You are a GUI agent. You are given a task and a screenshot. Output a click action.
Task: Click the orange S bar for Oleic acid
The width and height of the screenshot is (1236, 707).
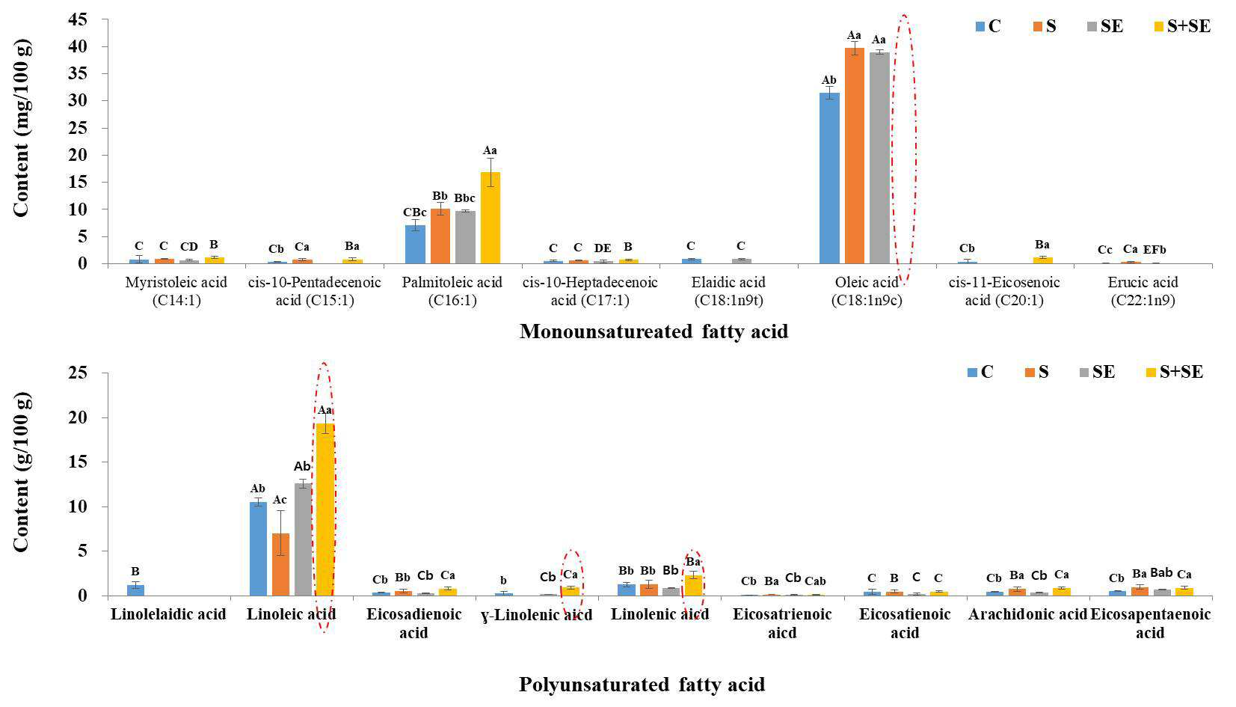pos(854,156)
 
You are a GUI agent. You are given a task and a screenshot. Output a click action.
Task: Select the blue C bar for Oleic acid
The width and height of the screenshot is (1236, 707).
pos(829,178)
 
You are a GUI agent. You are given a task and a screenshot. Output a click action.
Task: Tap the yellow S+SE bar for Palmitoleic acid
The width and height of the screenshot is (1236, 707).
pos(490,218)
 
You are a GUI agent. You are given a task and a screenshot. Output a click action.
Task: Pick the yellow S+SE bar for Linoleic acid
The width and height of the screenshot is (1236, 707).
pos(325,509)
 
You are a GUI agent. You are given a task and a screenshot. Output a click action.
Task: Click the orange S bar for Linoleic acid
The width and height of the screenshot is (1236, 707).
pos(280,565)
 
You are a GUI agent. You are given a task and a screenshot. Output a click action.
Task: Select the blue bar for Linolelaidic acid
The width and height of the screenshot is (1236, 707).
pos(135,590)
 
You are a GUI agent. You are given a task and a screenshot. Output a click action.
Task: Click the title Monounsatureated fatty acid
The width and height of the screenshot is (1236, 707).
pos(654,331)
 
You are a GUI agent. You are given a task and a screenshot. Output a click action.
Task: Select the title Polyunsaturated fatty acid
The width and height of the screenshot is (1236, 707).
pos(642,685)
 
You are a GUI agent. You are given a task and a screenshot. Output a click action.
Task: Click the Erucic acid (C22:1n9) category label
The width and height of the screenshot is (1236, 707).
pos(1143,291)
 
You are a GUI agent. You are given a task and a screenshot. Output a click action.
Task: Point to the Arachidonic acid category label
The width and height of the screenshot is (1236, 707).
pos(1027,614)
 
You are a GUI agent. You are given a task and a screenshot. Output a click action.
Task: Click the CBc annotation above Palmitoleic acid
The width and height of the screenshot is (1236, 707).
pos(414,212)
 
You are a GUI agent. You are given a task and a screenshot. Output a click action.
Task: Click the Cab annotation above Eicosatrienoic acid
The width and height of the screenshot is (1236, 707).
pos(815,581)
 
